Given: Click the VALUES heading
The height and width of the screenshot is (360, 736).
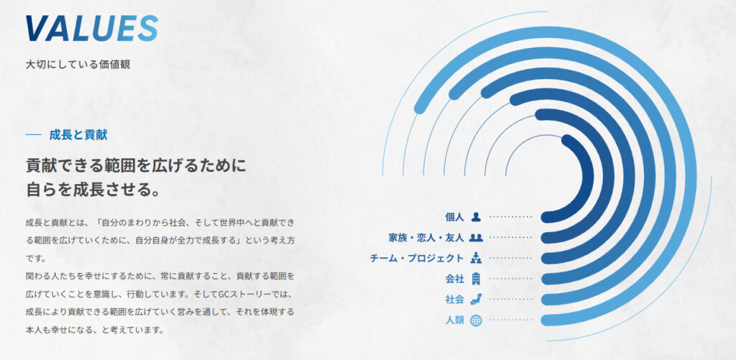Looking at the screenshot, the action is (91, 28).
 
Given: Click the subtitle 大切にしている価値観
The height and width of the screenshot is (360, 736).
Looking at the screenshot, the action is (78, 64).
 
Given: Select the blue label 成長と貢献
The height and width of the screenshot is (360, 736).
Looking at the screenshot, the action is (78, 135).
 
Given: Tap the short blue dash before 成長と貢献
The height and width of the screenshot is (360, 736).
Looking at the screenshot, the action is (34, 135).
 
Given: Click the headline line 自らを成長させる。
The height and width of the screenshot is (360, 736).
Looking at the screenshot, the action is (93, 189).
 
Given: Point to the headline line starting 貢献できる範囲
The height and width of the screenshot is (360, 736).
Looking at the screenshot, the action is (136, 165).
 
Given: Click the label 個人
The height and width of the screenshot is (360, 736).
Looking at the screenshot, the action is (454, 217).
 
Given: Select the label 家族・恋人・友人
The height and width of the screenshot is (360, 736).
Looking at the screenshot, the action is (426, 238).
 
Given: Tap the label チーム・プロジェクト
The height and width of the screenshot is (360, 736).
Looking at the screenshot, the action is (417, 258).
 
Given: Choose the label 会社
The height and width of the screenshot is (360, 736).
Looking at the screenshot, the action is (454, 279).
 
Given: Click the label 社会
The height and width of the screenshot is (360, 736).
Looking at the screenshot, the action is (454, 300).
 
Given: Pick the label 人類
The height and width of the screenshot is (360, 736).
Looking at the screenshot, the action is (454, 320).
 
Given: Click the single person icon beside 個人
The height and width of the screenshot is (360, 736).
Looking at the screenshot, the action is (476, 216).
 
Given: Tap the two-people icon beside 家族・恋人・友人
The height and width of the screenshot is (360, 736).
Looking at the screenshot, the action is (476, 238).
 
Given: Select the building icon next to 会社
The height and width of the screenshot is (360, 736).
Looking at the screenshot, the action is (476, 278).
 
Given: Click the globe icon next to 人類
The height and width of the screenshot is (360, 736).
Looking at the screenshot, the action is (476, 320).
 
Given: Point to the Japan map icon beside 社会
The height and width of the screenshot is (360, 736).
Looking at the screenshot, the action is (476, 299).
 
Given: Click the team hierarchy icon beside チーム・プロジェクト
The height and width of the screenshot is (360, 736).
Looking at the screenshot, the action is (476, 258).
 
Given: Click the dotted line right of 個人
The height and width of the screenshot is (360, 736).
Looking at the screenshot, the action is (511, 217).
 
